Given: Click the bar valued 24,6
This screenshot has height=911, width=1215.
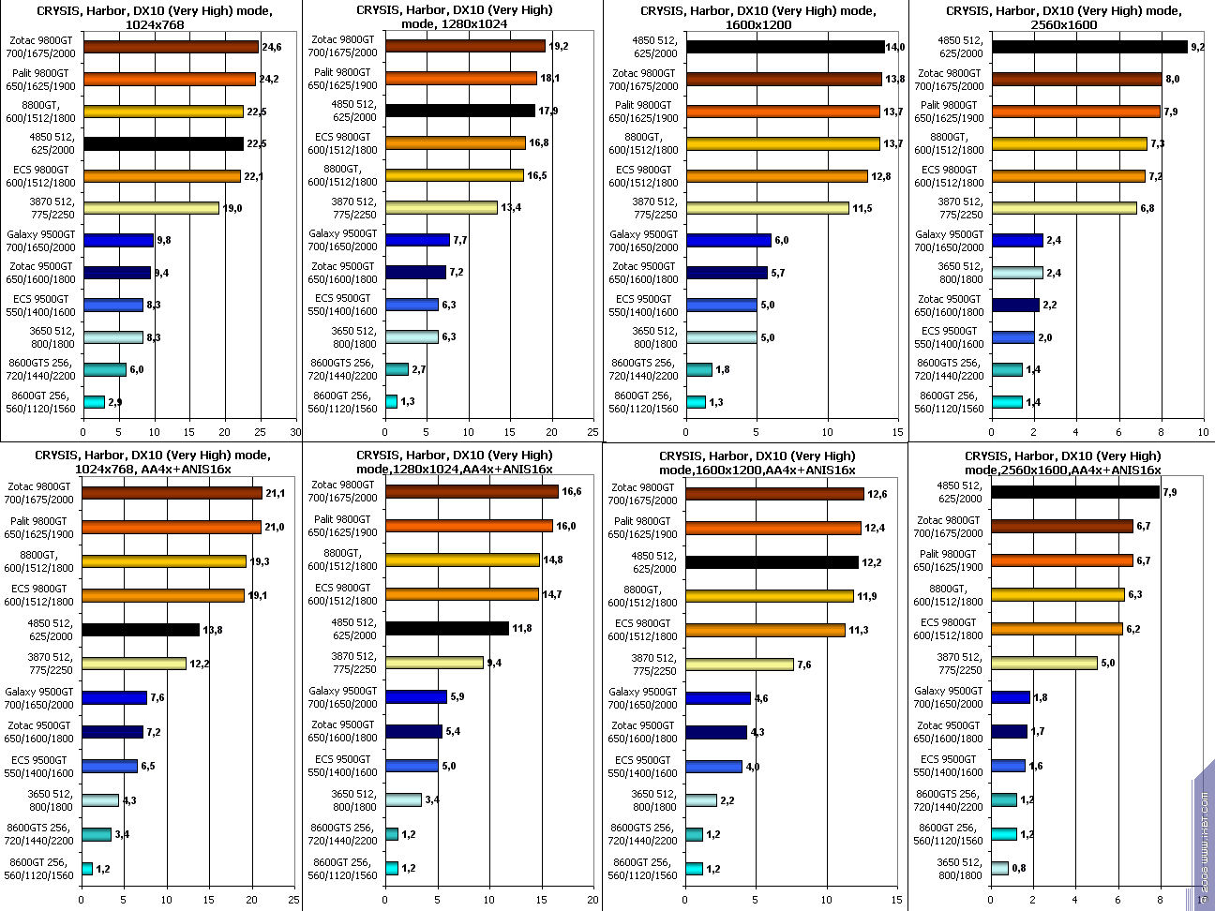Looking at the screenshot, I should [x=171, y=47].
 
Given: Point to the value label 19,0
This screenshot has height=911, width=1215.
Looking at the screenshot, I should [x=232, y=208].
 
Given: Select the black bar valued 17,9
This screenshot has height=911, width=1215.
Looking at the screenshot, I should [x=459, y=111].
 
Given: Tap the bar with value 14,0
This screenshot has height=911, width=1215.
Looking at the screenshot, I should [x=785, y=47].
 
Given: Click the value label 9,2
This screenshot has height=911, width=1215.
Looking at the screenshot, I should [x=1197, y=46].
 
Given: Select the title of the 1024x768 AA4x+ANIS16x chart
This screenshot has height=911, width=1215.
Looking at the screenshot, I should [x=153, y=461].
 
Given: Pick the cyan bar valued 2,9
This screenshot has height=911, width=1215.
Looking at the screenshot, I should [x=94, y=402].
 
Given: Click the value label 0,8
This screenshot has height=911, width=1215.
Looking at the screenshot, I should [x=1018, y=868].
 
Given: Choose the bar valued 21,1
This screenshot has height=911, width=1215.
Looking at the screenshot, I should [x=172, y=493].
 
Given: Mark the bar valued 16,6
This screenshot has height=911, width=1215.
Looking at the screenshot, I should [x=472, y=492].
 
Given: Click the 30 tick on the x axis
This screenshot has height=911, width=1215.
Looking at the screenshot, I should [x=294, y=432].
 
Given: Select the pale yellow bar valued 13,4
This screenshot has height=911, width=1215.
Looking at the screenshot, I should [x=441, y=208].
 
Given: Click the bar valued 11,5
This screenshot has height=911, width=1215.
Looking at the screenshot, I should [x=767, y=208].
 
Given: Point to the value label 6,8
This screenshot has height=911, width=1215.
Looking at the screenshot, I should [x=1147, y=208].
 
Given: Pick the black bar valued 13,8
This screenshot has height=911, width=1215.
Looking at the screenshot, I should [x=141, y=630].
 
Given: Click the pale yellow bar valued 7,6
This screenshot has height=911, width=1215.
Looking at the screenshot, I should [x=739, y=665].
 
